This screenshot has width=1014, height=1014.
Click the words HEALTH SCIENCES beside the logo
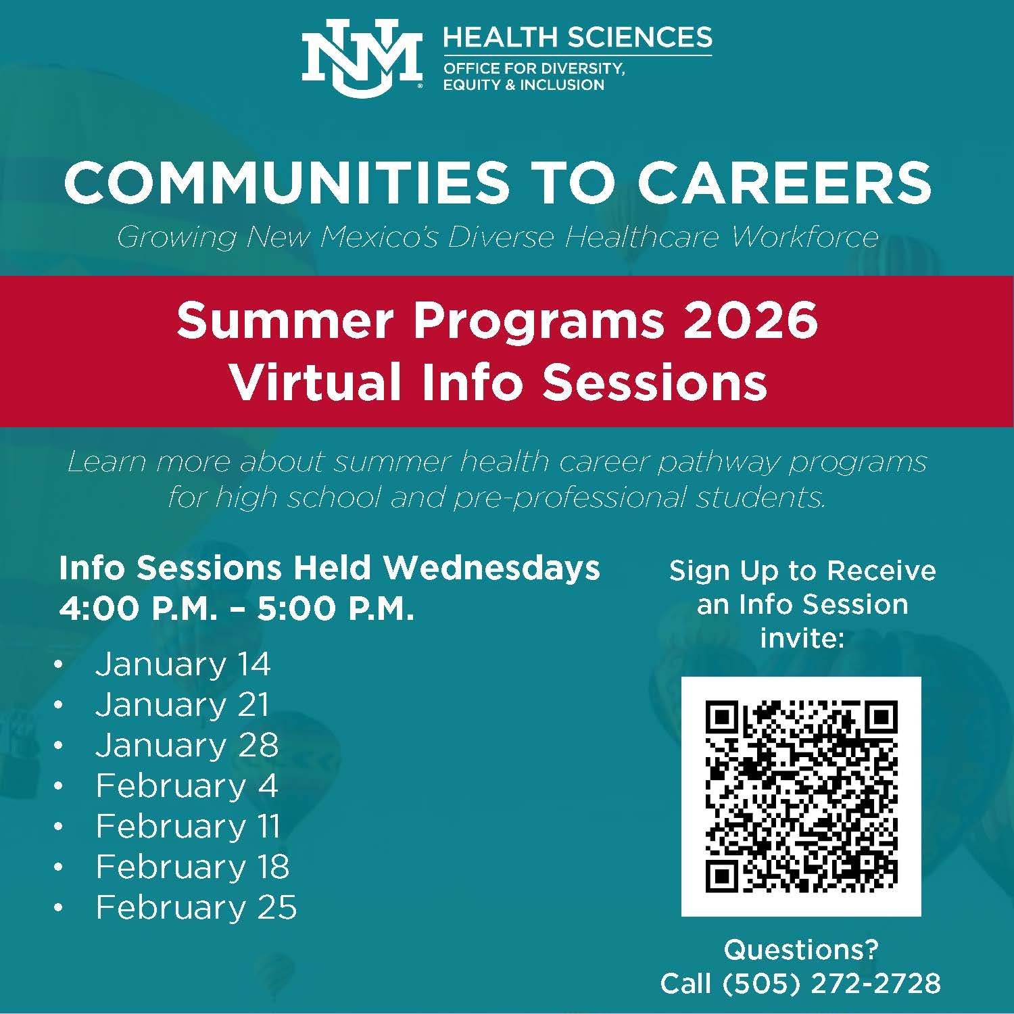[x=577, y=37]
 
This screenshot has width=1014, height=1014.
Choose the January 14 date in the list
[x=183, y=664]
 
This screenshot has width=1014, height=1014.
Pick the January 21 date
[x=183, y=704]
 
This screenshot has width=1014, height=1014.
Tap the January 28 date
[x=187, y=745]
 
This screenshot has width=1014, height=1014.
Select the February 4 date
[x=187, y=786]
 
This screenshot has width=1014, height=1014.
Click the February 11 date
[x=188, y=826]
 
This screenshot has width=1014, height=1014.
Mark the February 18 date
[x=193, y=867]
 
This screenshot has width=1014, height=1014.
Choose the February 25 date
[x=196, y=907]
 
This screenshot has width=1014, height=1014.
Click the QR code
[x=801, y=796]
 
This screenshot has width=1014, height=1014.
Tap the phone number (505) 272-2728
[x=831, y=983]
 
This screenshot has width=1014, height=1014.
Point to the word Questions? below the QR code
[x=801, y=950]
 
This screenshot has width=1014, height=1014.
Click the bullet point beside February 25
[x=59, y=908]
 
